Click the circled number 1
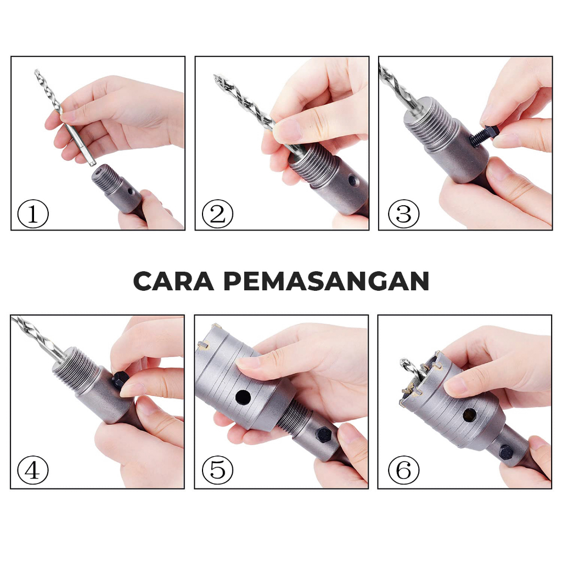(x=32, y=214)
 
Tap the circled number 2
(x=217, y=214)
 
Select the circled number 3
(x=403, y=214)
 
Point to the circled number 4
(x=32, y=470)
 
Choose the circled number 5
(x=217, y=470)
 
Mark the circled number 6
(x=403, y=470)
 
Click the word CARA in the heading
(x=173, y=281)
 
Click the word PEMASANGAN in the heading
(x=327, y=281)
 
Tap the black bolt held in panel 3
(x=484, y=137)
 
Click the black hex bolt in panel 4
(x=120, y=380)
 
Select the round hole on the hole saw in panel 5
(x=243, y=397)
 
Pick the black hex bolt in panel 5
(x=324, y=435)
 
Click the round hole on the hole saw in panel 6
(x=470, y=415)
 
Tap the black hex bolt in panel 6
(x=505, y=453)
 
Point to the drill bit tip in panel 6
(x=404, y=362)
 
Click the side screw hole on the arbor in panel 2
(x=353, y=181)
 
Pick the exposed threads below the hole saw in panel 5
(x=294, y=416)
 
